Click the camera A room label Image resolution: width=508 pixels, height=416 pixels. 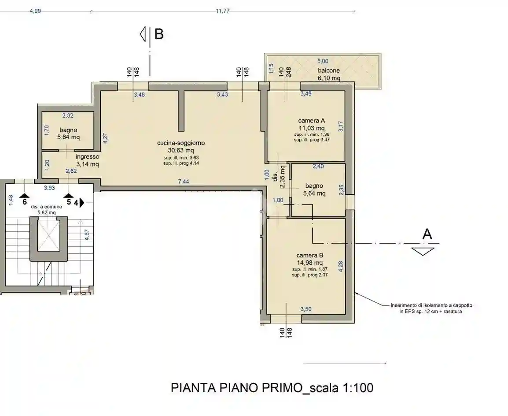(x=311, y=121)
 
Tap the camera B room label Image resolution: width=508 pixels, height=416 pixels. (x=310, y=255)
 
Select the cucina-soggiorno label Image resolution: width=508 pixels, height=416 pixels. (x=180, y=143)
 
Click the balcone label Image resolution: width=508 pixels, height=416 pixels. (x=328, y=71)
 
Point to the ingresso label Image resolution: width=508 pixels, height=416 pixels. (x=87, y=156)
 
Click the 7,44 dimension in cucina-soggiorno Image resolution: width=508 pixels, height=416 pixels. (x=184, y=182)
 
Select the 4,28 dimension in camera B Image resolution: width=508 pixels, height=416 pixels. (x=341, y=267)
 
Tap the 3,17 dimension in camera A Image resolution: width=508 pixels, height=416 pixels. (x=340, y=126)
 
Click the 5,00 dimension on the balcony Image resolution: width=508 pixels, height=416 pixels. (x=323, y=61)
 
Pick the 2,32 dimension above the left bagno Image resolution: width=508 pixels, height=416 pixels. (x=67, y=116)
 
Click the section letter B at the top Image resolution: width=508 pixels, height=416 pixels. (x=159, y=34)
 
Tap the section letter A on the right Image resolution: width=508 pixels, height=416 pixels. (x=427, y=234)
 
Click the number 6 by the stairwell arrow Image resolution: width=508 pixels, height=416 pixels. (x=25, y=202)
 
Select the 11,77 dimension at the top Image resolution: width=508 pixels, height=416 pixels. (x=223, y=11)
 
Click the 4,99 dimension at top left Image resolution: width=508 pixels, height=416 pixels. (x=35, y=11)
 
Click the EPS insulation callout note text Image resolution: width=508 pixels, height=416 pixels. (x=428, y=308)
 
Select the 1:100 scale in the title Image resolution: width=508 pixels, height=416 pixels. (x=357, y=388)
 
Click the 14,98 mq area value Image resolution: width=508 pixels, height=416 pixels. (x=310, y=262)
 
